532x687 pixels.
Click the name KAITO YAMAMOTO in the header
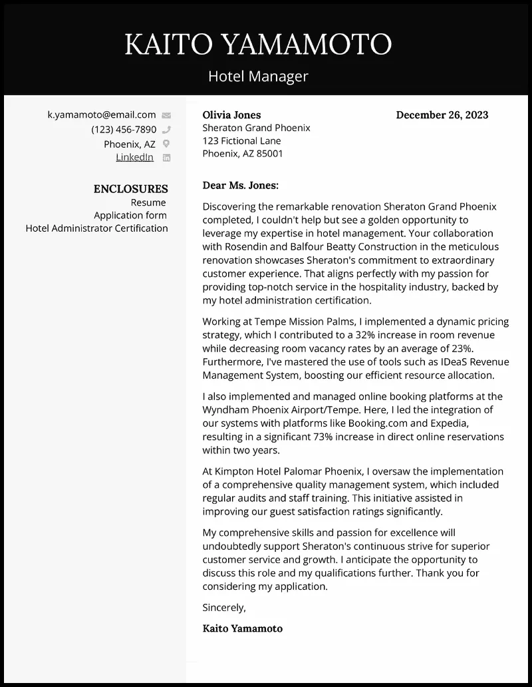click(258, 45)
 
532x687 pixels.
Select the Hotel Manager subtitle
click(258, 76)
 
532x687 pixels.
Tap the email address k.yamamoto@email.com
click(102, 114)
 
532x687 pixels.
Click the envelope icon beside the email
click(166, 115)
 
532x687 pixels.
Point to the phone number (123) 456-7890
click(124, 129)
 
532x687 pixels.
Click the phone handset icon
click(166, 130)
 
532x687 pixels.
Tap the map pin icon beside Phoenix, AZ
click(166, 144)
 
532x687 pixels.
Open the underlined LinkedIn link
click(135, 157)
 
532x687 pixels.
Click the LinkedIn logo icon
click(166, 158)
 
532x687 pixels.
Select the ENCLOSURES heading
click(130, 189)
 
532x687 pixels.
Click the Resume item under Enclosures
click(148, 202)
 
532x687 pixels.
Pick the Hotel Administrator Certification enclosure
click(96, 228)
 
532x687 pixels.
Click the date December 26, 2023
click(442, 114)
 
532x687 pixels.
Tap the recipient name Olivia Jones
click(231, 114)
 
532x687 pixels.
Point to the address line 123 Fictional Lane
click(241, 140)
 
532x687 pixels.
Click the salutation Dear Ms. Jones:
click(240, 186)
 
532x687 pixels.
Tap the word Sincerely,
click(224, 607)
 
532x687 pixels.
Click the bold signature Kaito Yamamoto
click(242, 628)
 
